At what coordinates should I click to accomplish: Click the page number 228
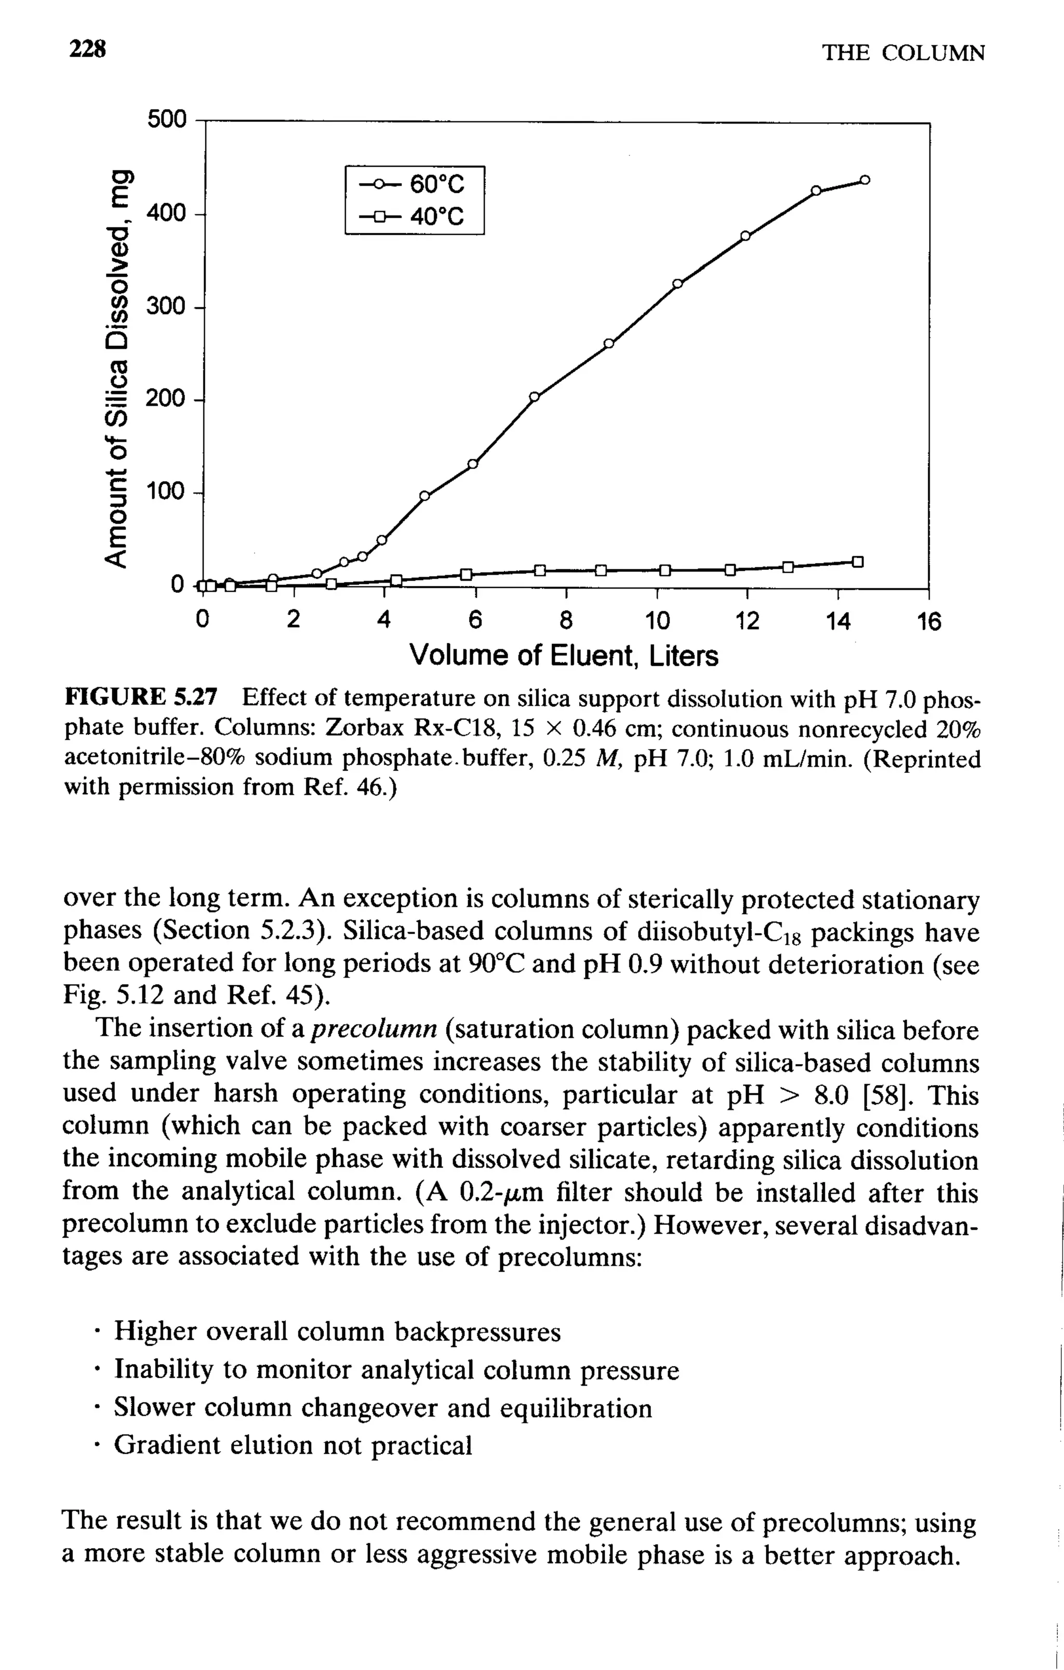[x=87, y=50]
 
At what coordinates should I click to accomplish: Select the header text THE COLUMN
[x=903, y=54]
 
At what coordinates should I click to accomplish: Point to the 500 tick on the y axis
[x=167, y=119]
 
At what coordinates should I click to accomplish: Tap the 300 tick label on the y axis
[x=167, y=306]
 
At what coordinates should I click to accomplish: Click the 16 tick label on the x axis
[x=929, y=621]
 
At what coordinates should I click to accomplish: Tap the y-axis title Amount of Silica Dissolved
[x=118, y=368]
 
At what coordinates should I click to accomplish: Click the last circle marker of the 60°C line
[x=864, y=180]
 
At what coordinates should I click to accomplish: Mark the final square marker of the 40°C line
[x=857, y=562]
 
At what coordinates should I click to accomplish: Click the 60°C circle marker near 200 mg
[x=534, y=397]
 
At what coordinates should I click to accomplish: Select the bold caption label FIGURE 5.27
[x=141, y=696]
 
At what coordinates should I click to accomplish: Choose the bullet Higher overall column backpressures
[x=337, y=1331]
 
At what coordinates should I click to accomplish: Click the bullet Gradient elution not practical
[x=292, y=1445]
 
